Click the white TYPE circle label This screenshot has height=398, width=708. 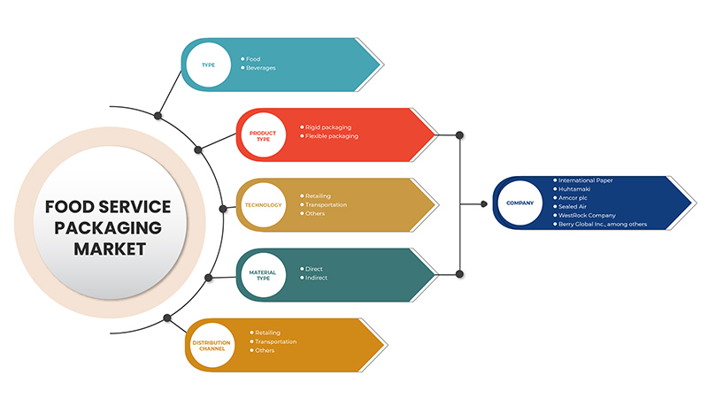tap(209, 65)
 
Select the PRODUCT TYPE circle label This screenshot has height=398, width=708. tap(262, 136)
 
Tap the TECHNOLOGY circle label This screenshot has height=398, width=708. tap(263, 205)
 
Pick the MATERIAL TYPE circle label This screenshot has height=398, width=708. tap(263, 275)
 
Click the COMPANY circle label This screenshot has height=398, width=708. tap(519, 203)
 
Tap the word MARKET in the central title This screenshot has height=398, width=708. tap(109, 249)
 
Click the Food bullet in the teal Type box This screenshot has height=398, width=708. tap(254, 59)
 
